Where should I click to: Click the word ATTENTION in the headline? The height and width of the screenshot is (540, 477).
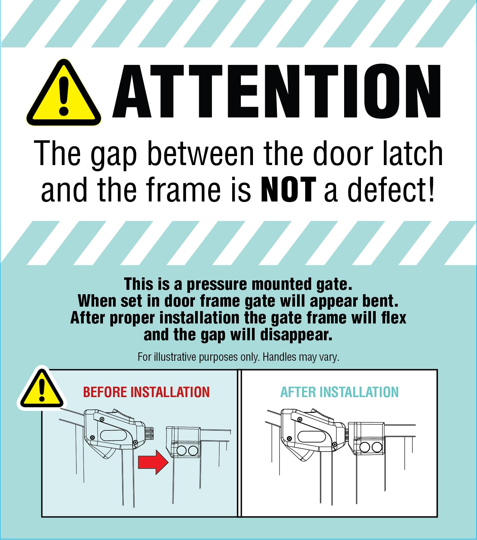click(277, 91)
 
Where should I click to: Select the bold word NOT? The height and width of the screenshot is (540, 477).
click(289, 190)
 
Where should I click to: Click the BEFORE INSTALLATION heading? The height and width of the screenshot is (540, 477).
click(146, 392)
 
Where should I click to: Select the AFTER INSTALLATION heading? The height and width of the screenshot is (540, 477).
click(339, 392)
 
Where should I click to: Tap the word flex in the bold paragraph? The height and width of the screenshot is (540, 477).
click(394, 317)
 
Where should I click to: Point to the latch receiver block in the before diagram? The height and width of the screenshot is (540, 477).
click(183, 442)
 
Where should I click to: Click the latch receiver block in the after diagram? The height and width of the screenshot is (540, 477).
click(366, 438)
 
